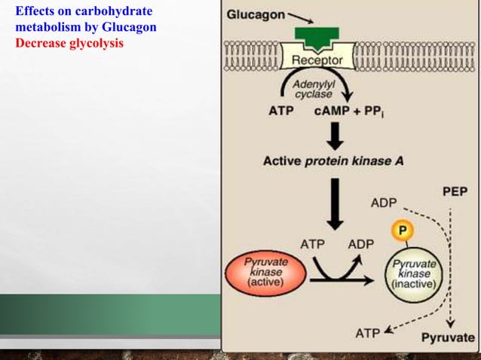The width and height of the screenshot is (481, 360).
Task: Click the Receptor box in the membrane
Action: [317, 59]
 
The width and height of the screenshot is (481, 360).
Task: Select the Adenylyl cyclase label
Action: [310, 88]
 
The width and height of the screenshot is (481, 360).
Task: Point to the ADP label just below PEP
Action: [384, 203]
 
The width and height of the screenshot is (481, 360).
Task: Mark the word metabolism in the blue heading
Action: [45, 28]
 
